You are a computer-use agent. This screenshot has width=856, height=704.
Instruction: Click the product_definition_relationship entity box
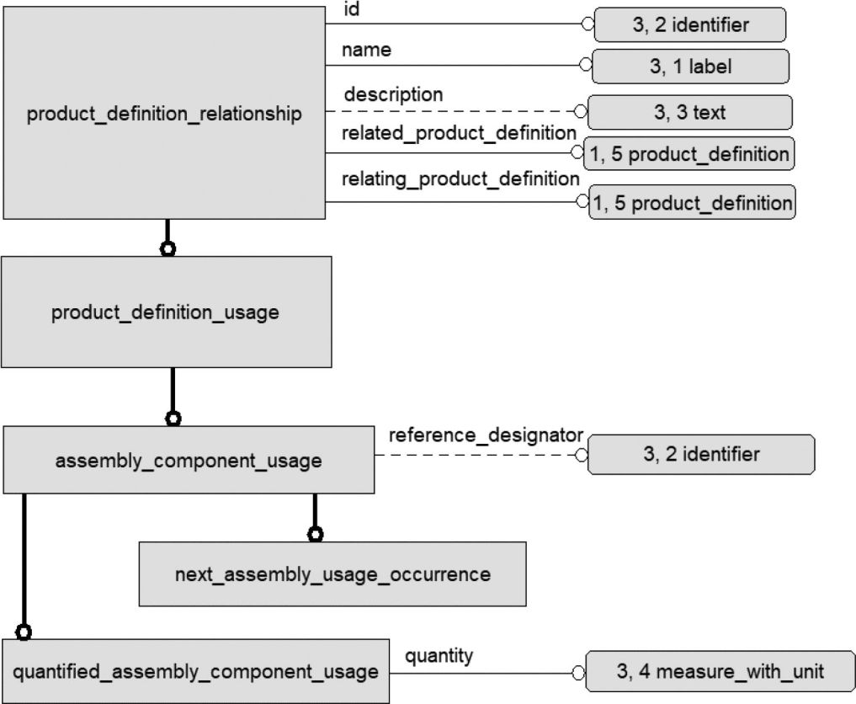click(164, 113)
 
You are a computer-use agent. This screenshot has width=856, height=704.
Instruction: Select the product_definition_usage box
click(167, 312)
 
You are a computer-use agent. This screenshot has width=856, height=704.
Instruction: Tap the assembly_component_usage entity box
click(189, 460)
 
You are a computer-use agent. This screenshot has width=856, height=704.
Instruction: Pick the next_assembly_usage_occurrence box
click(332, 574)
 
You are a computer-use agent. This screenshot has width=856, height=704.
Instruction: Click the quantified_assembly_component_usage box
click(195, 671)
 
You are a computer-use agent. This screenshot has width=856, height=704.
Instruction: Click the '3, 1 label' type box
click(690, 66)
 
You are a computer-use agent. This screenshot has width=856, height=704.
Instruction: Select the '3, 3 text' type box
click(690, 112)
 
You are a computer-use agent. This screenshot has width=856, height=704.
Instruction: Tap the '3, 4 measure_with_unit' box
click(720, 671)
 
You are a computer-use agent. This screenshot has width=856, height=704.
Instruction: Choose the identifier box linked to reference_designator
click(701, 454)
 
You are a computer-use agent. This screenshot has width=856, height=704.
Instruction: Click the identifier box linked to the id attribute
click(690, 24)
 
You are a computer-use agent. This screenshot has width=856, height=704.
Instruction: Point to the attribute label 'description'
click(393, 94)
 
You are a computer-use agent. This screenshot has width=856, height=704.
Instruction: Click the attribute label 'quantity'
click(439, 656)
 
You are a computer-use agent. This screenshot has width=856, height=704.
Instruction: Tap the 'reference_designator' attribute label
click(486, 435)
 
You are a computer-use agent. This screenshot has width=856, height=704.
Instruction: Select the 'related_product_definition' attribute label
click(459, 133)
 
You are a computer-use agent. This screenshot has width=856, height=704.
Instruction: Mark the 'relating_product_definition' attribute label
click(460, 179)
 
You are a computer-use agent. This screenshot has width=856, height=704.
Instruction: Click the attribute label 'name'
click(366, 50)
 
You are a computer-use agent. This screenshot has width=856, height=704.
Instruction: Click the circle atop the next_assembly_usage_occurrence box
click(315, 534)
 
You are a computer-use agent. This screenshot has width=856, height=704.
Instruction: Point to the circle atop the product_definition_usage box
click(167, 248)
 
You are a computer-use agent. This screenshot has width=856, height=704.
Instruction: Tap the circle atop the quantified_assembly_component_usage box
click(24, 632)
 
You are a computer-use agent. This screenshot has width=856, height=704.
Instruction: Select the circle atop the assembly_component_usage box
click(173, 419)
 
